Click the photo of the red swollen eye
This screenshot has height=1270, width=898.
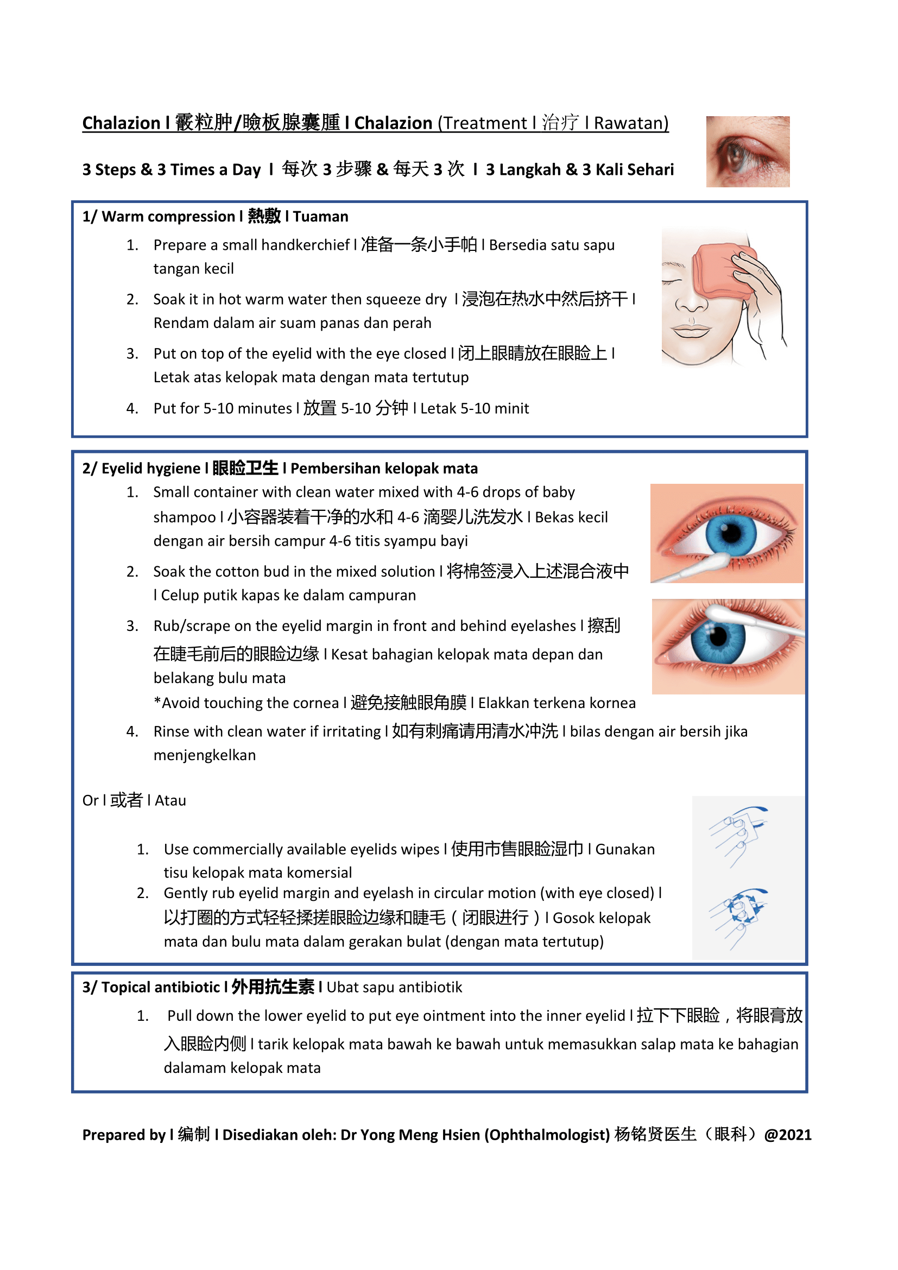747,151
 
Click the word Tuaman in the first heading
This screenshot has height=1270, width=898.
321,216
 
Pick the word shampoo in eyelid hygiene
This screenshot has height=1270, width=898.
184,517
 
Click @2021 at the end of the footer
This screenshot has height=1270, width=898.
787,1135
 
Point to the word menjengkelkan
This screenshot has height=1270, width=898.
205,755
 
